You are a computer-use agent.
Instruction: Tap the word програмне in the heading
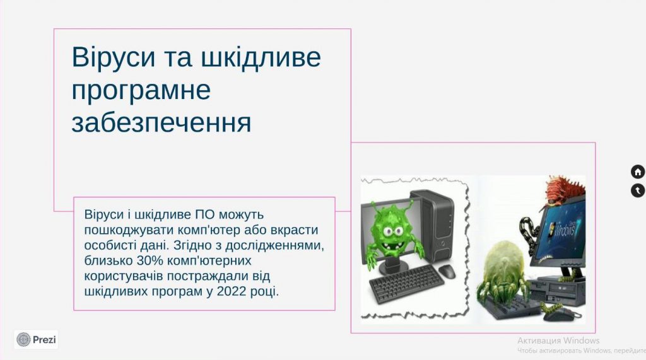coord(141,90)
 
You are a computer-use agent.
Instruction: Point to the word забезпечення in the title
coord(161,122)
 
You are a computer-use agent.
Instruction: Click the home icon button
coord(637,171)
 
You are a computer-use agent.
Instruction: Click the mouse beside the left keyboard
coord(447,271)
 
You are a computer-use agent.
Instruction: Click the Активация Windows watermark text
coord(558,340)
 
